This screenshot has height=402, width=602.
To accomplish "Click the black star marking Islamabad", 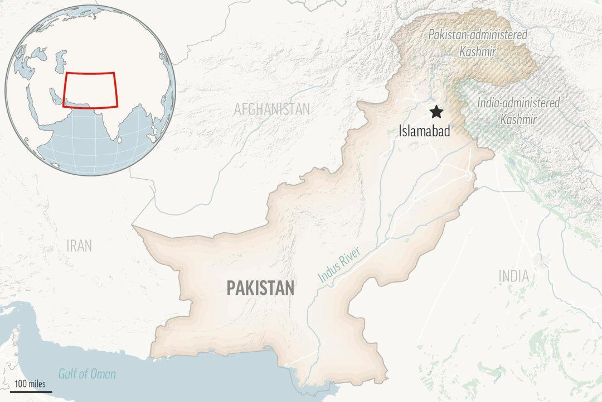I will coord(436,112).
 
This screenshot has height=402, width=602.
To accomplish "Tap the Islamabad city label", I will coord(424,132).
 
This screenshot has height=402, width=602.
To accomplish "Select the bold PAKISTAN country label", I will coord(260,288).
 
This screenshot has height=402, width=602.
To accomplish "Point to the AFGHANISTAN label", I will coord(271,109).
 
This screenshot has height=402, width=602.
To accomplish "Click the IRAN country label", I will coord(79,245).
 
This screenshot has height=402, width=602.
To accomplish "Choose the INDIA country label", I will coord(513,275).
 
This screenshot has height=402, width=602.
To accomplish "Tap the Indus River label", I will coord(339,265).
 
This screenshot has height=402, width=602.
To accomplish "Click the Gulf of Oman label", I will coord(88,374).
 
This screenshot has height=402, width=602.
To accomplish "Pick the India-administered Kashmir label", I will coord(518,111).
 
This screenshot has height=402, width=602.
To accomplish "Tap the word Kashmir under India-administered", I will coord(518,119).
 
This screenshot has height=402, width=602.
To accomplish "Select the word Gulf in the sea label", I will coord(69,374).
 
